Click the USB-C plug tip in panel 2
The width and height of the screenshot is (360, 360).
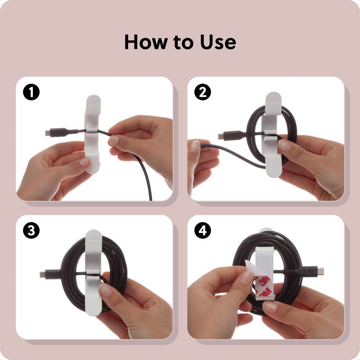pos(220,136)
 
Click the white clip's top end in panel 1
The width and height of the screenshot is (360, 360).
pos(93,102)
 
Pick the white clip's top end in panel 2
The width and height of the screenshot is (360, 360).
pos(273,99)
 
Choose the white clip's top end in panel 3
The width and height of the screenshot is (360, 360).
pos(93,237)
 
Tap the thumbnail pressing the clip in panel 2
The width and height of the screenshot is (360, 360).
pos(284,145)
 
